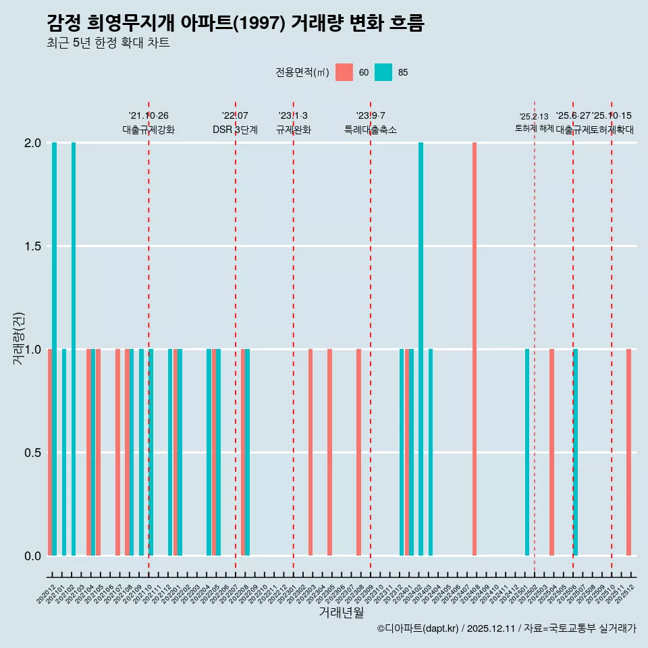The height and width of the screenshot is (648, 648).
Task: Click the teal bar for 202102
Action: coord(74,349)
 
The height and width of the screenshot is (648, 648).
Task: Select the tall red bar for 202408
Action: coord(475,349)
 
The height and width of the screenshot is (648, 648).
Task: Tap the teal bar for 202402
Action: coord(421,349)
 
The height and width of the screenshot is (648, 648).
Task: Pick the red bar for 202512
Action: coord(628,452)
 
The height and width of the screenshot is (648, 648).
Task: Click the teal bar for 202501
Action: coord(527,452)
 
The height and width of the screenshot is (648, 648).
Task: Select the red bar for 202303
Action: coord(310,452)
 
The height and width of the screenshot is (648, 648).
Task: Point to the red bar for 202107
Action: coord(117,452)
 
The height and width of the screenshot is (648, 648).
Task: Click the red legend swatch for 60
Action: coord(344,72)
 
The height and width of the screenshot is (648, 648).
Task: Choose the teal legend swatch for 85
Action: coord(383,72)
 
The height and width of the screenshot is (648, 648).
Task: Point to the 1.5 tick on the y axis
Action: coord(31,246)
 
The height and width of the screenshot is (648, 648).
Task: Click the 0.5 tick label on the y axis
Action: coord(31,453)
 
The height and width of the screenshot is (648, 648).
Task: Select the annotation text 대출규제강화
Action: coord(148,130)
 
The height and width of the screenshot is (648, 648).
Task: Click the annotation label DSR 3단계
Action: coord(235,130)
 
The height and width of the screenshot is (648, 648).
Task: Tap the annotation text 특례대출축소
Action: coord(371,130)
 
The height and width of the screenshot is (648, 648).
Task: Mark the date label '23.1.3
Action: coord(293,116)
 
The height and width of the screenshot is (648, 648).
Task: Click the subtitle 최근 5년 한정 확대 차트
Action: coord(108,43)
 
